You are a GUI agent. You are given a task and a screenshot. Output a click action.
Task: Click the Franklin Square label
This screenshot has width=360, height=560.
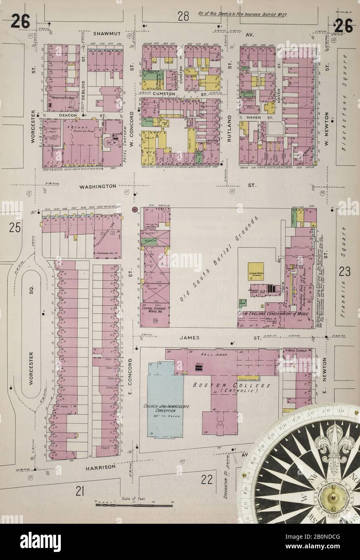(343, 276)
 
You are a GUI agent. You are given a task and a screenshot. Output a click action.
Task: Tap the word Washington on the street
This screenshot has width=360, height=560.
(97, 187)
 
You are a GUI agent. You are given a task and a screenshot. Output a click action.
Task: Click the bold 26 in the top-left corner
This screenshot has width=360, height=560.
(20, 21)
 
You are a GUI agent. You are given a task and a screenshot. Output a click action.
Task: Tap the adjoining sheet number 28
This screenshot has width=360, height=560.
(183, 17)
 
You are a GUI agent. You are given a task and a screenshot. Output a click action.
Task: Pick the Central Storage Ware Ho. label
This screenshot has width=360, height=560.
(155, 310)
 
